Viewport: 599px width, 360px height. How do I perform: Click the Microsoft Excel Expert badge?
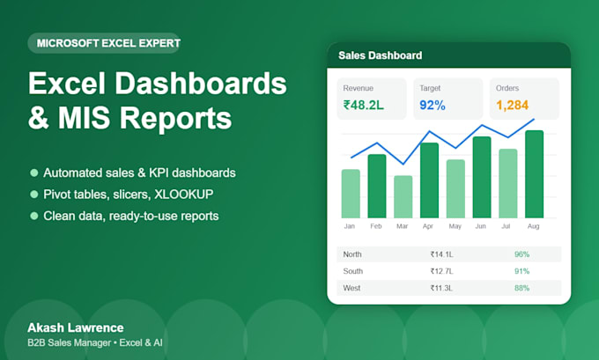click(104, 43)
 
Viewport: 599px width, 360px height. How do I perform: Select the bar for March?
click(403, 196)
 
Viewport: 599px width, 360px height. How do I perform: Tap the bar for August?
click(534, 174)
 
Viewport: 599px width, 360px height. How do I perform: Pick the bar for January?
click(351, 194)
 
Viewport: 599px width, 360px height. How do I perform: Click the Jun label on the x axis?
click(481, 226)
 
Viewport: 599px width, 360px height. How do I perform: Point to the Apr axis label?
click(428, 226)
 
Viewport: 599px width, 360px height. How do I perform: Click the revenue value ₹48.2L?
click(363, 105)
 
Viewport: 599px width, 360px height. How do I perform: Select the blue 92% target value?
click(433, 105)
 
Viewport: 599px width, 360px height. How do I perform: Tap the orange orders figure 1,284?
click(513, 105)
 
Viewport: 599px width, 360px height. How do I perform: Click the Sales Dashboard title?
click(381, 55)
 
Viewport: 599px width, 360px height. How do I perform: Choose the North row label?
click(352, 254)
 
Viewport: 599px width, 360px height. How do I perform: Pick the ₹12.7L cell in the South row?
click(441, 271)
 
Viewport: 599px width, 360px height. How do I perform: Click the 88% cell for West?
click(521, 288)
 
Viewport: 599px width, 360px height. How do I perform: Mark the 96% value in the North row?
click(521, 254)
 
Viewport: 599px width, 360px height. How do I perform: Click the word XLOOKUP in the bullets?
click(184, 195)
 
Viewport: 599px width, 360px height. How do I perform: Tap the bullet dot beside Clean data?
click(34, 216)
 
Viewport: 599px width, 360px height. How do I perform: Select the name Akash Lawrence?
click(76, 327)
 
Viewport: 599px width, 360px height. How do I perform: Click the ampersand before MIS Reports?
click(39, 118)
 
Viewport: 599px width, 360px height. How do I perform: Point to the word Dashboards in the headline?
click(201, 84)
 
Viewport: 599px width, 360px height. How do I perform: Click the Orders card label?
click(507, 88)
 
